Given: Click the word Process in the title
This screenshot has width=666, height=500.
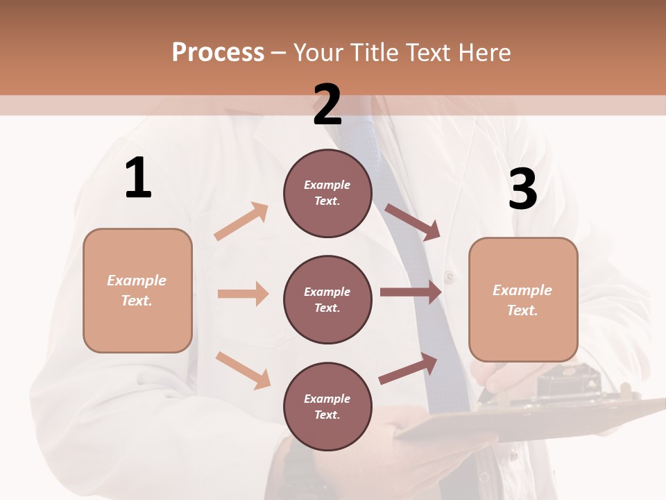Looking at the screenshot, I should (218, 52).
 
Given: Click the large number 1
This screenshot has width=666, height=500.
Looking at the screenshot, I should (138, 178).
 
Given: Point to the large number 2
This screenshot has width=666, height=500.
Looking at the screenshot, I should (327, 105).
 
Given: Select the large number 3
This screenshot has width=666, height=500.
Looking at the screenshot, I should (522, 189).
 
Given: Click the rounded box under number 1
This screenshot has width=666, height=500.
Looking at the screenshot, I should (137, 290).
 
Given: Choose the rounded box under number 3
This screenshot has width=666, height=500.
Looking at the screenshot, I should (523, 299).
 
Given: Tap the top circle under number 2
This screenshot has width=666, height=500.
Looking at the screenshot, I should (327, 193).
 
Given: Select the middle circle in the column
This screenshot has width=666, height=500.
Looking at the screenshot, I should (327, 299).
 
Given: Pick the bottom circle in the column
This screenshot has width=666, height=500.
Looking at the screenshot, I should (327, 406).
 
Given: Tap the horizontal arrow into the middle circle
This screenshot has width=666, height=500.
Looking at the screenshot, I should (243, 294).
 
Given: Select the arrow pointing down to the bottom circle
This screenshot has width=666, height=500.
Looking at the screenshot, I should (244, 370).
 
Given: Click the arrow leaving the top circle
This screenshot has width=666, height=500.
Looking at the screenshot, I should (412, 222).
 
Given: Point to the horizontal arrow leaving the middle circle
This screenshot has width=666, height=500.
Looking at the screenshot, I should (410, 292).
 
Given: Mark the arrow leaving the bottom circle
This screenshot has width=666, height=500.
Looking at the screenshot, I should (408, 369).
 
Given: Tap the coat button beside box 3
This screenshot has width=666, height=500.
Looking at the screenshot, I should (450, 277).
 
